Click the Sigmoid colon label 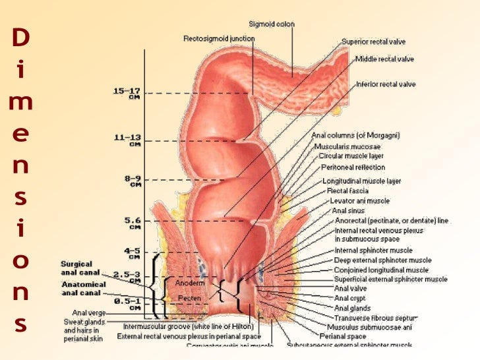(x=272, y=24)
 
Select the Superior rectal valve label (x=369, y=41)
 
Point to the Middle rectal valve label (x=384, y=59)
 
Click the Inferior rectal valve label (x=385, y=84)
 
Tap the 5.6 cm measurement (x=133, y=221)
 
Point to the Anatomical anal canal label (x=82, y=288)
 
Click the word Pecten (x=189, y=299)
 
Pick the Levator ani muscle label (x=359, y=200)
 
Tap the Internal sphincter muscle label (x=373, y=251)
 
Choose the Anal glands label (x=353, y=307)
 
